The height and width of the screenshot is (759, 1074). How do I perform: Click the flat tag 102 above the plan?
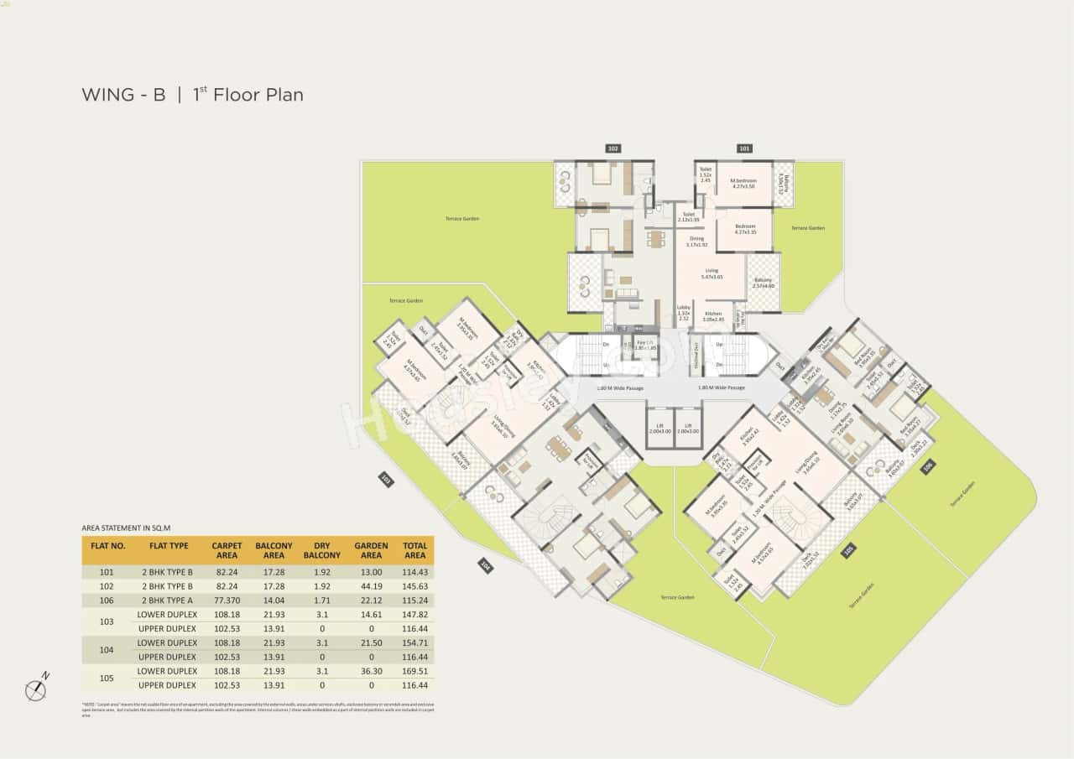point(613,148)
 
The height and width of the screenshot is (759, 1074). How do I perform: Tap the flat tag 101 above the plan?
point(744,148)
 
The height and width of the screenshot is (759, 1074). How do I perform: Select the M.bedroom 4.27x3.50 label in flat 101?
point(743,184)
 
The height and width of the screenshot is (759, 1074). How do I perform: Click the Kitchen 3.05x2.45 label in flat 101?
point(713,316)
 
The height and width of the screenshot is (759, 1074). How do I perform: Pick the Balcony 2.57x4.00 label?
point(764,283)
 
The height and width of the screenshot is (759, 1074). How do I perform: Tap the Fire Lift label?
point(645,344)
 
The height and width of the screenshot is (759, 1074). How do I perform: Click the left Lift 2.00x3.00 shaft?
point(659,428)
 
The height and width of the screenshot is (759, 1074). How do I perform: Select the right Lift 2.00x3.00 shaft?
point(688,428)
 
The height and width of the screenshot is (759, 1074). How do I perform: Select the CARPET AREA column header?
point(227,550)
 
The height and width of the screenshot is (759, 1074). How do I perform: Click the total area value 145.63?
point(414,586)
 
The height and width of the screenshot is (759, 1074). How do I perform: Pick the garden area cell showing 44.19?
point(371,586)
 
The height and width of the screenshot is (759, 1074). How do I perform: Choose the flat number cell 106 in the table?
point(107,600)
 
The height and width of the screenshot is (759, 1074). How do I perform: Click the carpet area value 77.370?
point(227,600)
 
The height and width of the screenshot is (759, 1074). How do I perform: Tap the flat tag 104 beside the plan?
point(486,566)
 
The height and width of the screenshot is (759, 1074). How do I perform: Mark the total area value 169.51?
point(414,671)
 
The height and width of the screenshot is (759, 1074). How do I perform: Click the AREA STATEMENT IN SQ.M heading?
point(126,528)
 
